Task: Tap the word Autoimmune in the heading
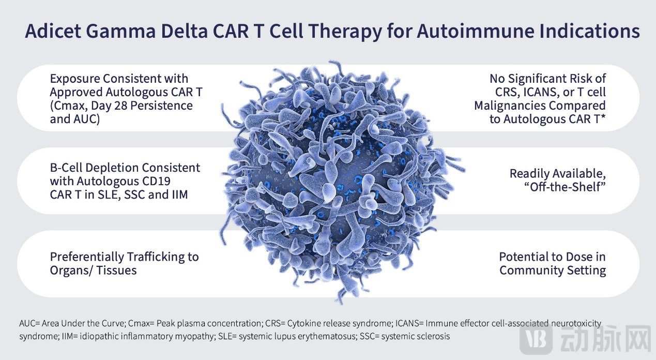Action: coord(476,31)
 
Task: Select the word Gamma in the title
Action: coord(121,31)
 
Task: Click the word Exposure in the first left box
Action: coord(74,79)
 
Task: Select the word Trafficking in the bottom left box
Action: coord(155,257)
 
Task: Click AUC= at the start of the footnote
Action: coord(29,323)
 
